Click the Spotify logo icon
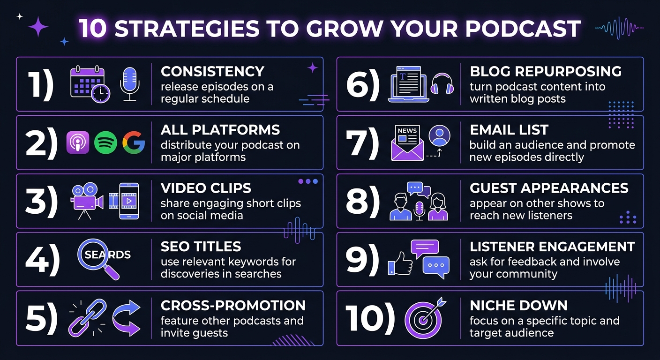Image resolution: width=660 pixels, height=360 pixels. tap(105, 142)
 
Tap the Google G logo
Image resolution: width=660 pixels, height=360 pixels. tap(134, 142)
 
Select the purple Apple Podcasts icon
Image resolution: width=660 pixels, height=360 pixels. tap(78, 142)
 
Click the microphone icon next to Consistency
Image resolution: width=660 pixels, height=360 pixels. tap(130, 84)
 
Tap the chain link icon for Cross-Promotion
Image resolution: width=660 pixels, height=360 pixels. tap(87, 317)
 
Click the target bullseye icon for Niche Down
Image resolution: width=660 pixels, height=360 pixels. tap(424, 318)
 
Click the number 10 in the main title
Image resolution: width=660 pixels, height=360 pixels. tap(93, 29)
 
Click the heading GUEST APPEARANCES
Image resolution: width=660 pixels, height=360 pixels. tap(549, 188)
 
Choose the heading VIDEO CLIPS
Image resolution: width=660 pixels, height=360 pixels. tap(206, 188)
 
